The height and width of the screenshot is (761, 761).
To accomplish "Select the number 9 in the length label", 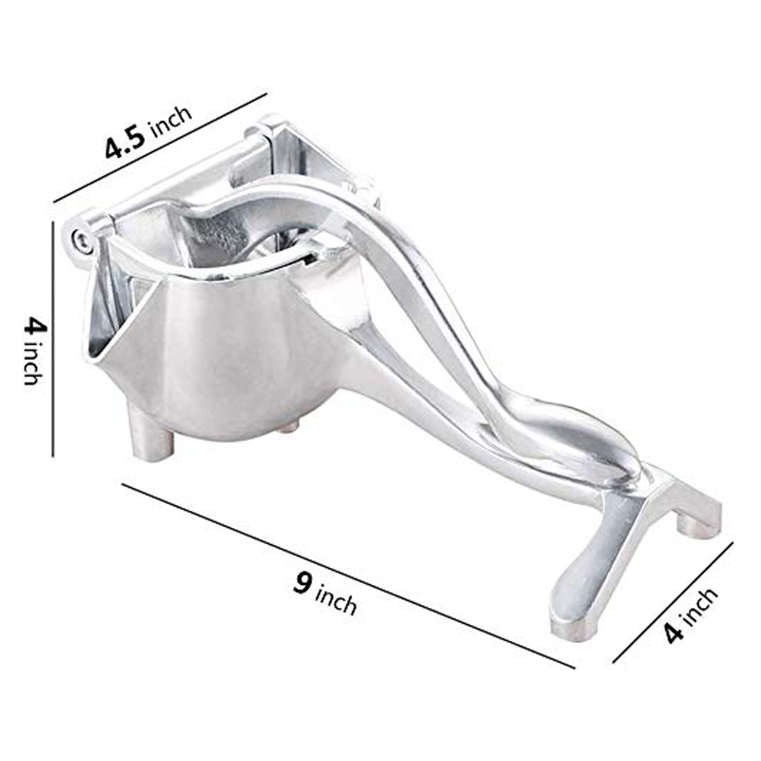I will click(302, 583).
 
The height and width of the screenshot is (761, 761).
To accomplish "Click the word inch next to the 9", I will click(336, 599).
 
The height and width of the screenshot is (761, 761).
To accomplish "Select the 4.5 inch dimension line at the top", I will click(160, 148).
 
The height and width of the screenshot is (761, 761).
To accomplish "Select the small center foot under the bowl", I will click(285, 427).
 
